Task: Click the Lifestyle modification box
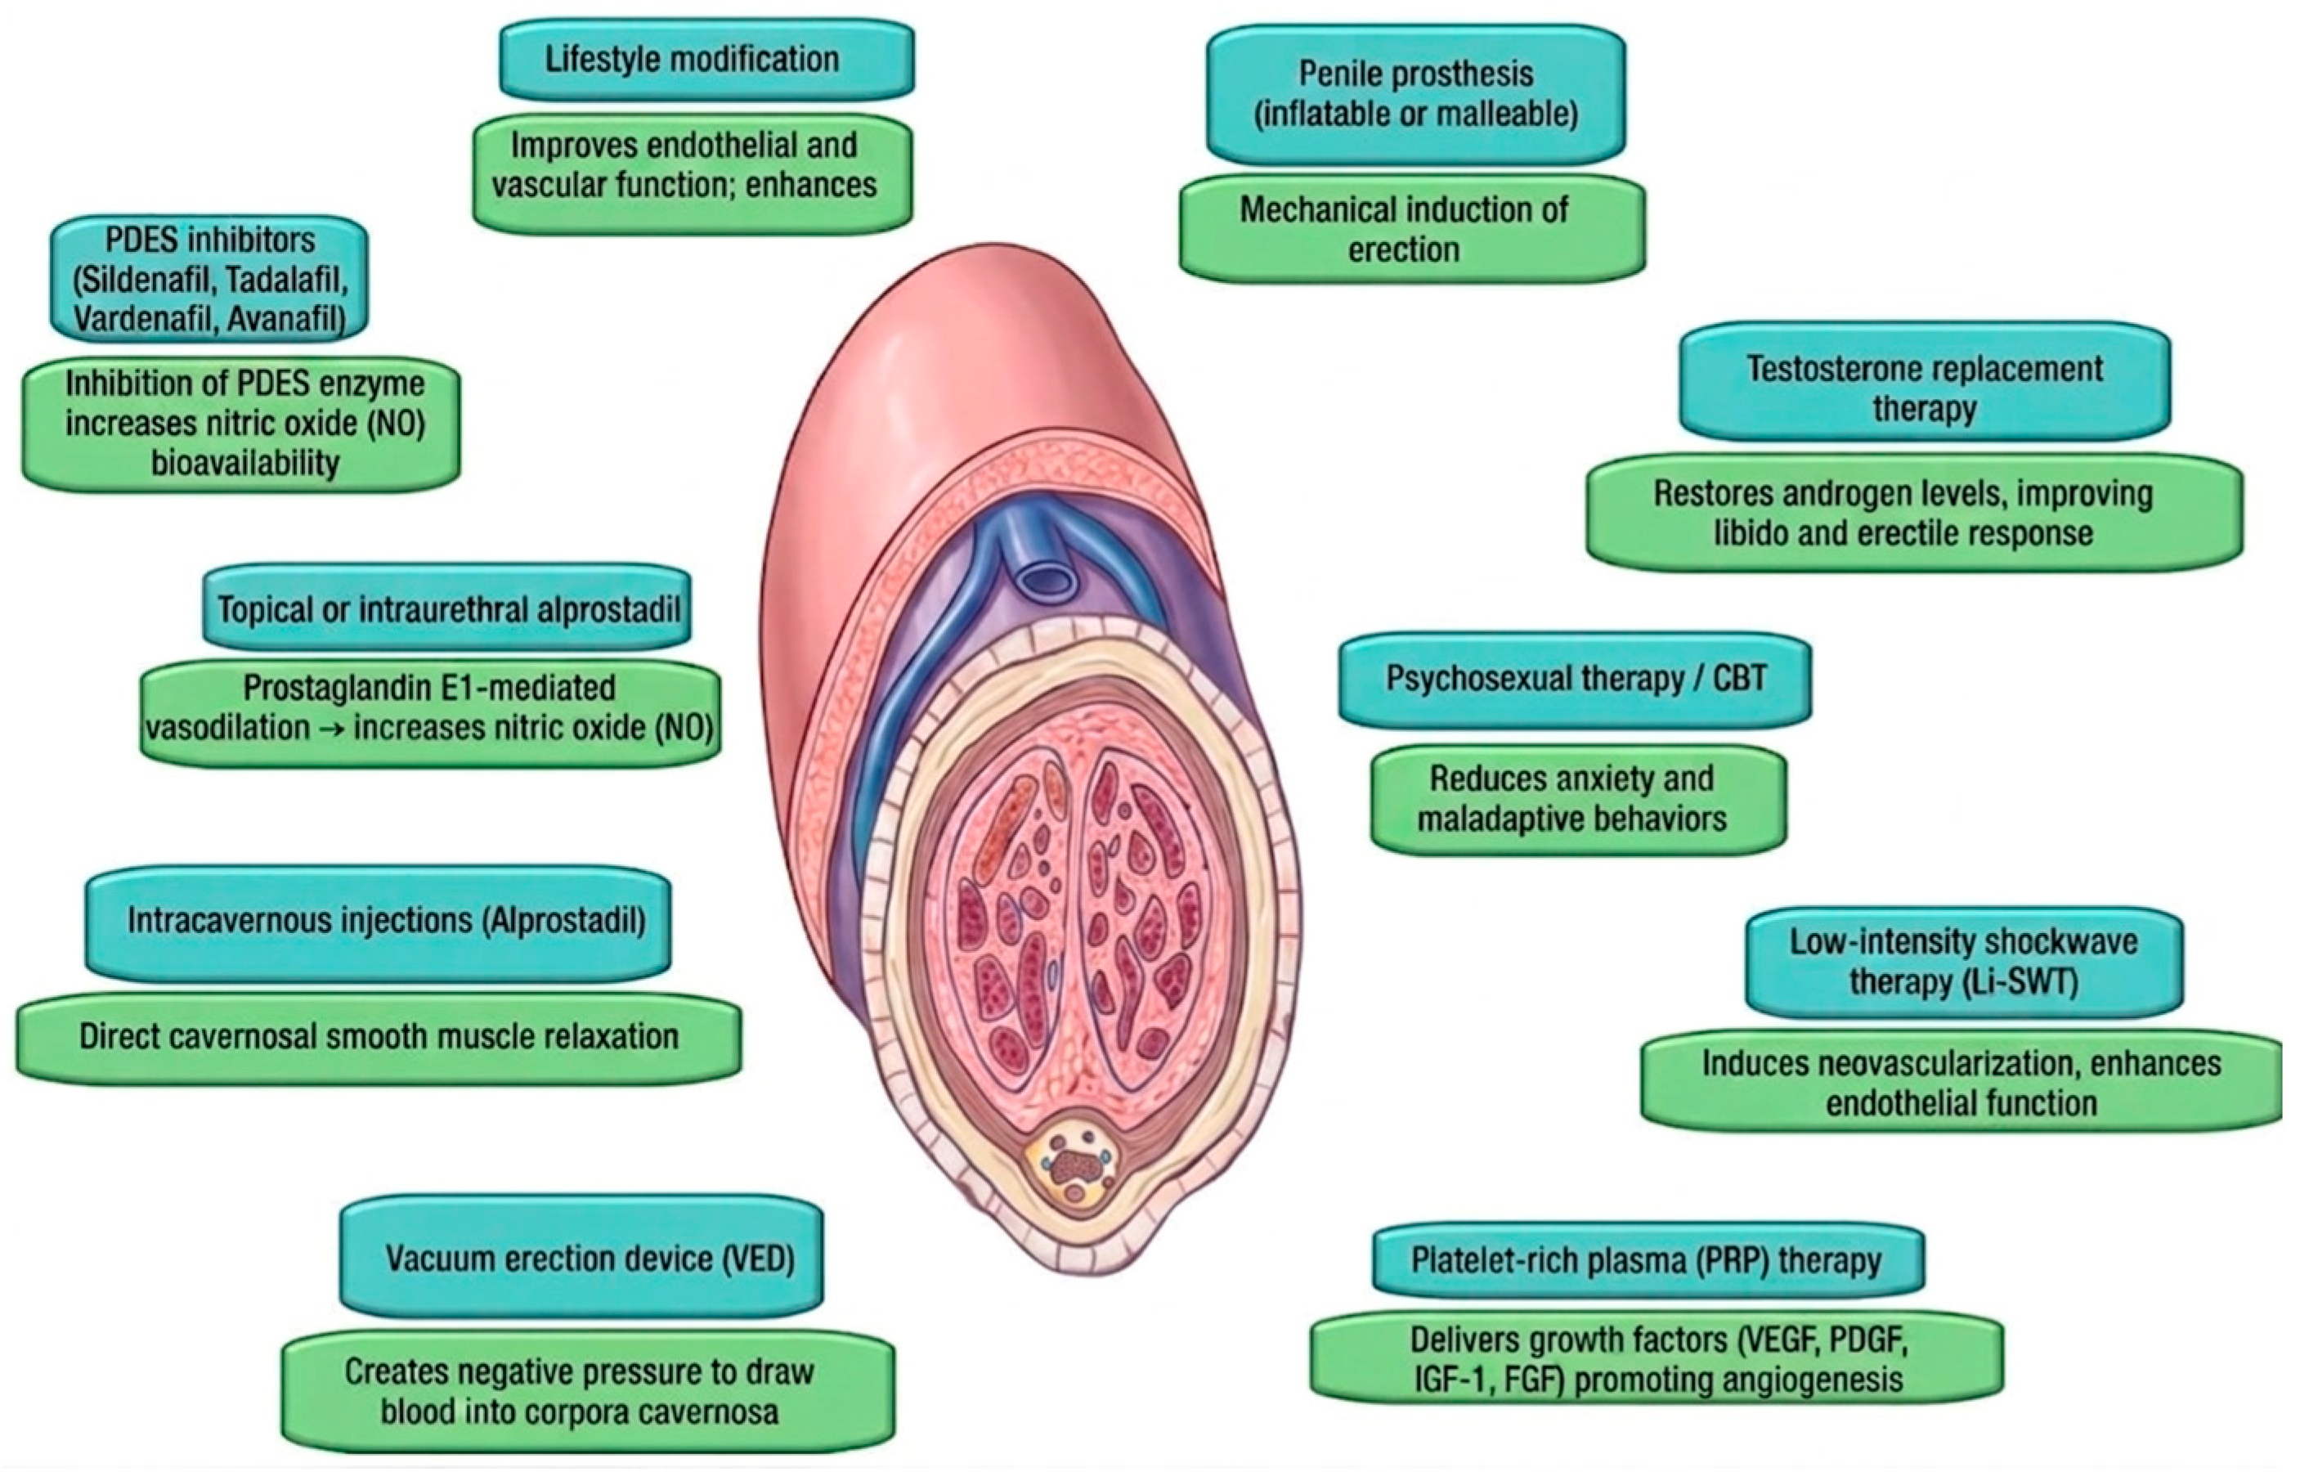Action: pos(706,60)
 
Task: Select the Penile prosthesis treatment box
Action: pos(1415,94)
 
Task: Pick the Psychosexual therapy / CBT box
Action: pos(1575,679)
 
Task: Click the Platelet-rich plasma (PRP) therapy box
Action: pos(1647,1260)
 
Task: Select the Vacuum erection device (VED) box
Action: pos(581,1258)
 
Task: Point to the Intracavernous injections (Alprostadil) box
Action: pos(378,922)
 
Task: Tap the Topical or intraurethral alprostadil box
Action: pos(447,608)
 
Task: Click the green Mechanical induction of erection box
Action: pos(1411,230)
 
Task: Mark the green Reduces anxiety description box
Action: pos(1578,798)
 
